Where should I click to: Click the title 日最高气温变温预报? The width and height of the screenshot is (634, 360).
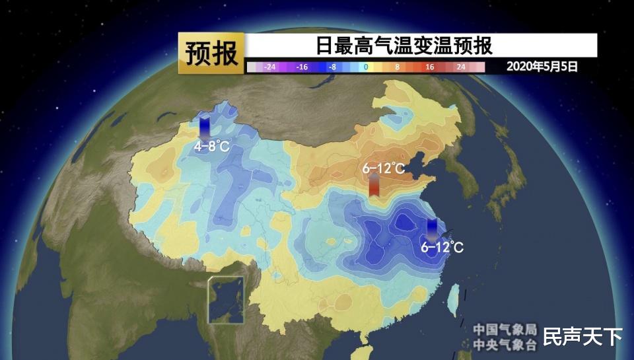click(404, 46)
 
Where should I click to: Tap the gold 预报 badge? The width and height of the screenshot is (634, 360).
click(211, 54)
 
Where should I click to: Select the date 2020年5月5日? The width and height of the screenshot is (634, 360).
click(542, 67)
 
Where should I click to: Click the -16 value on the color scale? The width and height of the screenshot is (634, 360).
click(302, 67)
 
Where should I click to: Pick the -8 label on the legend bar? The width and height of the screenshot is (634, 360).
click(334, 67)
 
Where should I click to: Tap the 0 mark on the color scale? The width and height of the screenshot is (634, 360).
click(365, 67)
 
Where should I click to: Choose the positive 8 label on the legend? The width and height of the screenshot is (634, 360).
click(398, 67)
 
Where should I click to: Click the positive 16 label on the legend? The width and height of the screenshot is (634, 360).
click(429, 67)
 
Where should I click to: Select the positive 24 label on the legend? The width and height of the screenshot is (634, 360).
click(461, 67)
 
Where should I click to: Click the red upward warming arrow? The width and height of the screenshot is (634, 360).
click(374, 186)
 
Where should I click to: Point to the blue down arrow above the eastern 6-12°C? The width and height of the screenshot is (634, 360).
click(432, 229)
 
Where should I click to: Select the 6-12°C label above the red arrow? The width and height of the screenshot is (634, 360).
click(383, 168)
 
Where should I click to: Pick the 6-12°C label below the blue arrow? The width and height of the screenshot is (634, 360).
click(442, 248)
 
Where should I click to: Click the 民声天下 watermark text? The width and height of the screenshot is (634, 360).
click(582, 336)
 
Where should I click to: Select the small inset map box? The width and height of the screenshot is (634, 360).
click(227, 300)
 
